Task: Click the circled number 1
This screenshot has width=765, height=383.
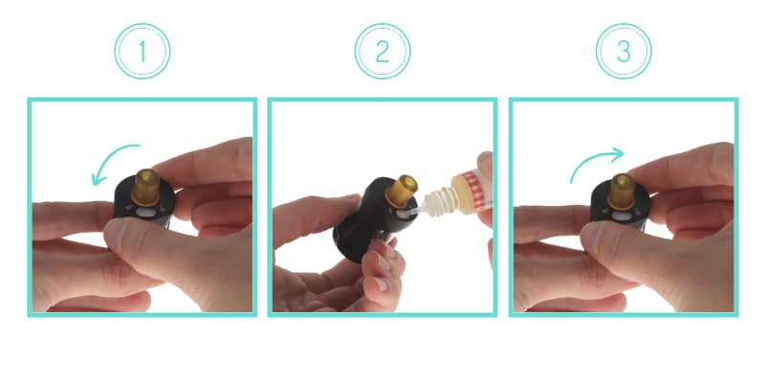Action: coord(142,52)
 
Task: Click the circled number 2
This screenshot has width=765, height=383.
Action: coord(382,52)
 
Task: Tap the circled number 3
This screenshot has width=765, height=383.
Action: coord(623,52)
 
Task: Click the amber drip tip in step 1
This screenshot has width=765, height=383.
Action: coord(146,187)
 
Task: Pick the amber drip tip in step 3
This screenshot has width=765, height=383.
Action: coord(623,191)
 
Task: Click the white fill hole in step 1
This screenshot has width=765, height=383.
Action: coord(145,213)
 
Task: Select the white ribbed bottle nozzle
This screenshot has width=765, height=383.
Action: coord(438,202)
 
